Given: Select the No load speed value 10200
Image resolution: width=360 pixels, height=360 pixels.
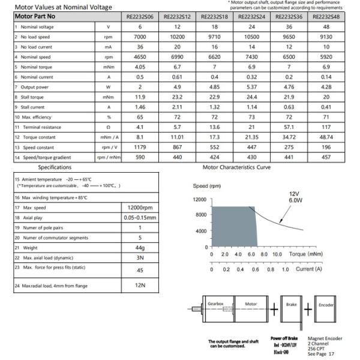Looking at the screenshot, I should click(x=177, y=37).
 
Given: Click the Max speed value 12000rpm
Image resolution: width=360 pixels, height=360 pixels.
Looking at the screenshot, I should click(x=139, y=207).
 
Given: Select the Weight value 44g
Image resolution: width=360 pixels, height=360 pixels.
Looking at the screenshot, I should click(x=139, y=248).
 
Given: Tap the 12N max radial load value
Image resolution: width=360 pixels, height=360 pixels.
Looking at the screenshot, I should click(x=139, y=286).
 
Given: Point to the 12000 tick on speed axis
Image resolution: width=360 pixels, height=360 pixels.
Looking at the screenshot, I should click(x=199, y=199).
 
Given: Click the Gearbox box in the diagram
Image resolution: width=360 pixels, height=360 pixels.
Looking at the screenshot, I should click(x=215, y=304).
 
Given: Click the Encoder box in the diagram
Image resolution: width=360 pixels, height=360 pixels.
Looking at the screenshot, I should click(x=326, y=305).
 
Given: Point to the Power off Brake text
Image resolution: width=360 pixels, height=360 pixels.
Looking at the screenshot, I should click(x=284, y=338).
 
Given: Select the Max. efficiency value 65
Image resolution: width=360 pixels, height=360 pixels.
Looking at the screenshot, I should click(x=140, y=117).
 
